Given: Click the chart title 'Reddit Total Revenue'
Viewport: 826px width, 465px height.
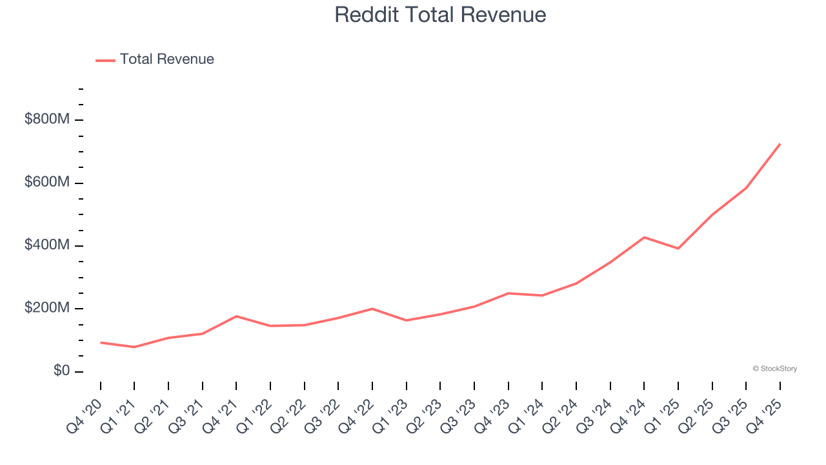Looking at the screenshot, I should coord(440,15).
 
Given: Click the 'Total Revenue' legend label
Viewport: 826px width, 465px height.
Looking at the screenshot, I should coord(166,59).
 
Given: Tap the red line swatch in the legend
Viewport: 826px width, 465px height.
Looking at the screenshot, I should coord(105,60).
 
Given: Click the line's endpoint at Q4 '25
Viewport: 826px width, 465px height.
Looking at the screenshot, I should coord(780,144).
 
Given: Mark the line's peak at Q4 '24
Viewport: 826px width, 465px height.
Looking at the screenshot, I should coord(644,237).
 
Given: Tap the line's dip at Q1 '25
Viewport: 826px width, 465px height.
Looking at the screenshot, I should coord(678,249).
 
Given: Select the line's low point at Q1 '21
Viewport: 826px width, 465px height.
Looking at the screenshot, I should coord(134,347).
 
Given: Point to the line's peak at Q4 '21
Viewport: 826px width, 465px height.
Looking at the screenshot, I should coord(236,316).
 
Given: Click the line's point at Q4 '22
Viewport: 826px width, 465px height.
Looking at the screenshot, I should coord(372,309).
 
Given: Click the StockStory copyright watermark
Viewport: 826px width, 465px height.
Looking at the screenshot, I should coord(774,369).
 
